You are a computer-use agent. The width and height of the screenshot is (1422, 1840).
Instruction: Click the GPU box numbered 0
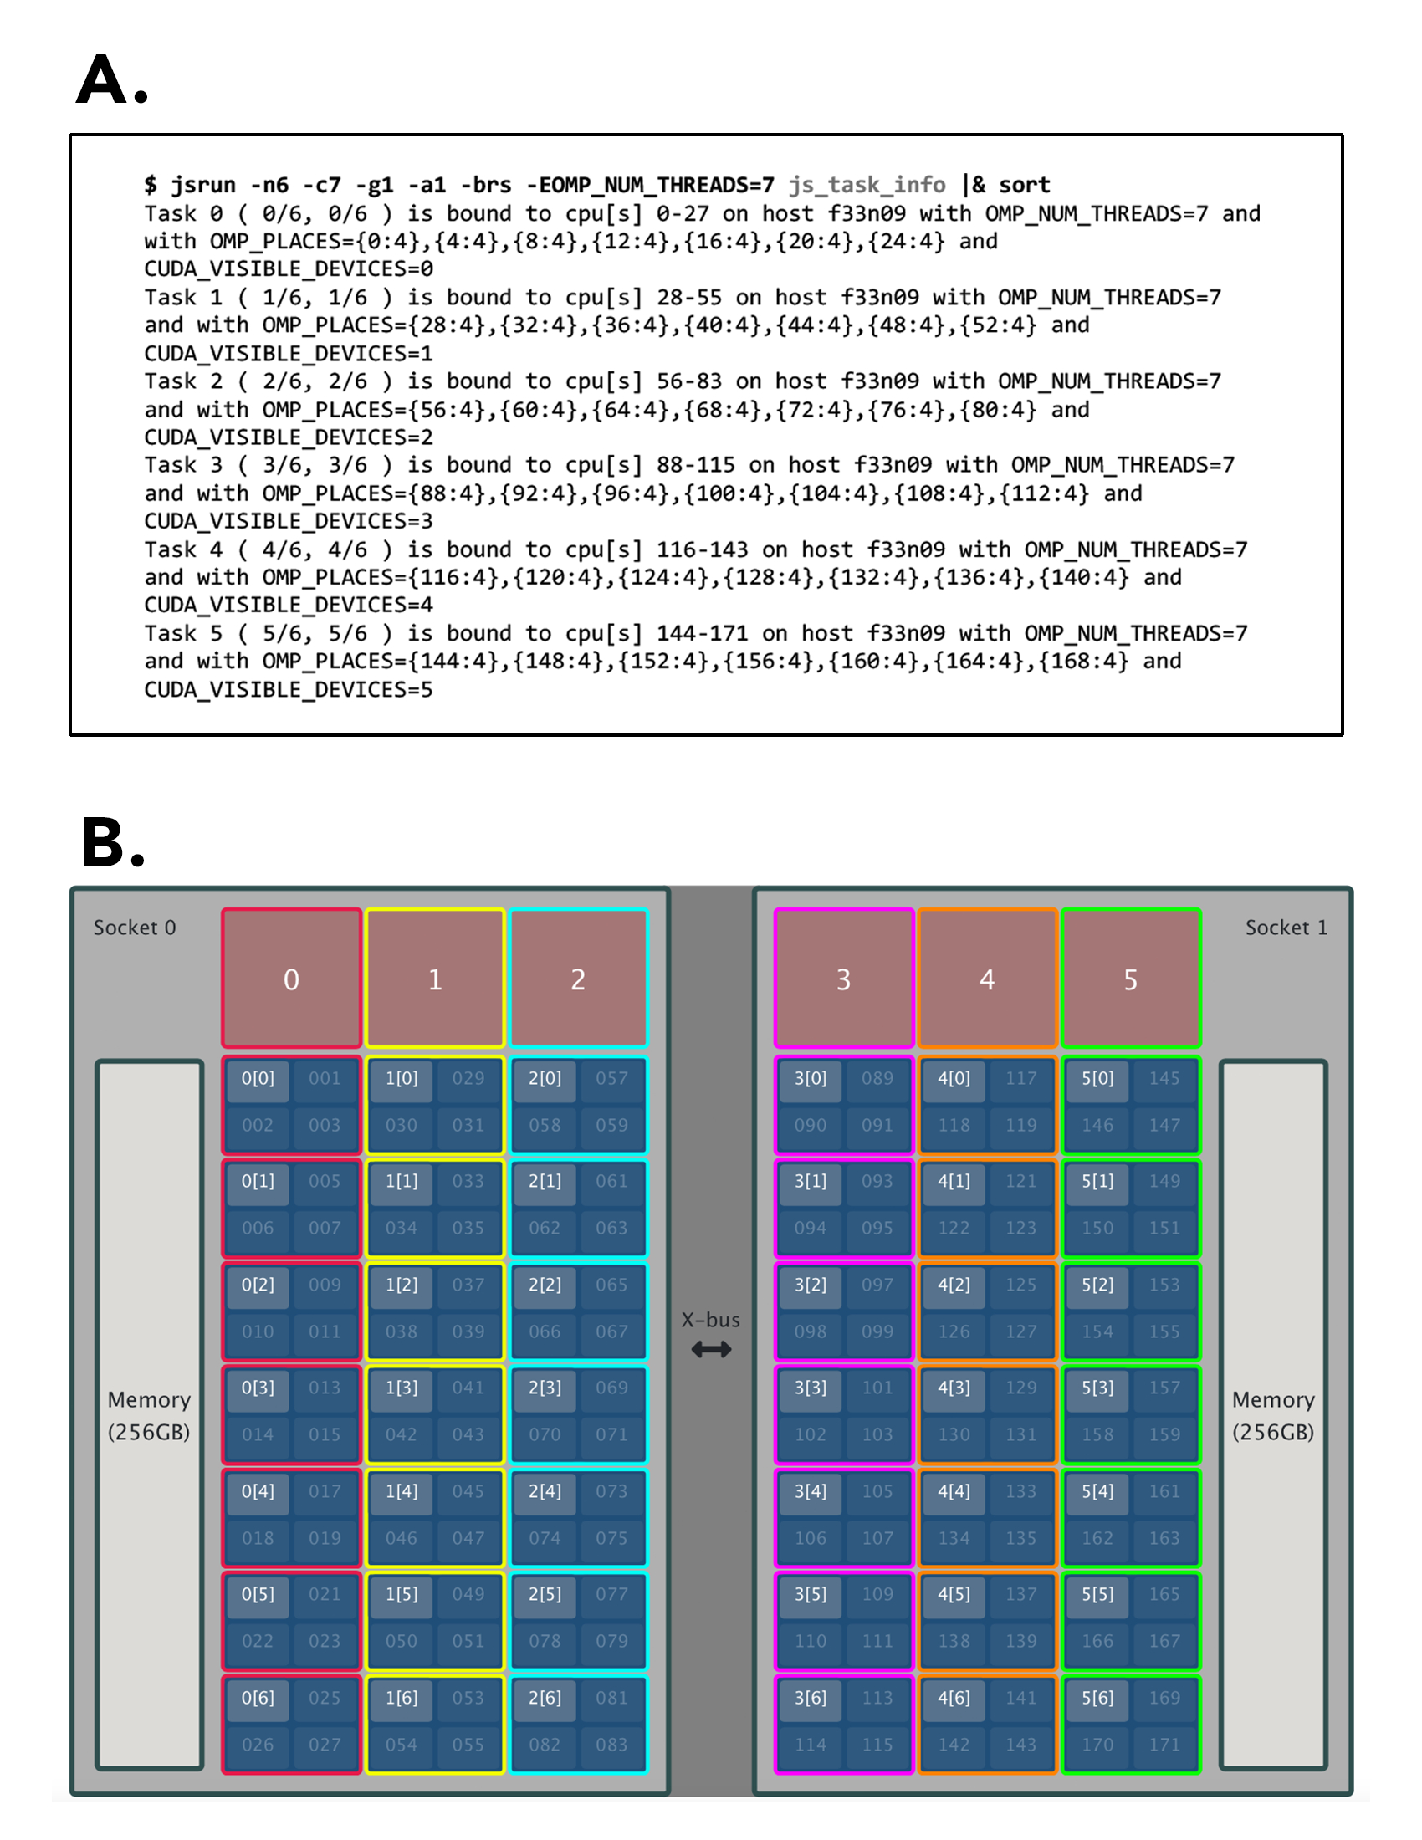coord(291,979)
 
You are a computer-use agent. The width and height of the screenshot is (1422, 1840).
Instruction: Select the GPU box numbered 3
coord(843,979)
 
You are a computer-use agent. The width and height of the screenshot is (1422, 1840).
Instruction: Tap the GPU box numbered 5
coord(1131,979)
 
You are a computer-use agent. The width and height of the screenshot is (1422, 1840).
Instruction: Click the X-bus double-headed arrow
coord(711,1350)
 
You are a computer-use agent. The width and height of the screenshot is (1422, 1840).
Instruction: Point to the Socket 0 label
coord(135,928)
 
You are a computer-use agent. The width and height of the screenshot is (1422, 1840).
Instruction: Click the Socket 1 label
coord(1286,928)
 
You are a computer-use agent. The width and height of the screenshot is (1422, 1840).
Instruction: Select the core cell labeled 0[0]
coord(258,1078)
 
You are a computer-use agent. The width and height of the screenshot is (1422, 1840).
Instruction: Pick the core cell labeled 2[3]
coord(545,1388)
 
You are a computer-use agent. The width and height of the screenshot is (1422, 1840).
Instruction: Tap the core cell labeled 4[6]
coord(954,1698)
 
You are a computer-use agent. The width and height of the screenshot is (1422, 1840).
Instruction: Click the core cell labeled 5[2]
coord(1097,1285)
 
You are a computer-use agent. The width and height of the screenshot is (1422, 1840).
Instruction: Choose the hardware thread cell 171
coord(1164,1745)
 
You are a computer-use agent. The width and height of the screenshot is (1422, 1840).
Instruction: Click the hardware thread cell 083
coord(611,1745)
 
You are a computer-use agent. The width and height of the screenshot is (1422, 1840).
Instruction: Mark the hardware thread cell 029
coord(468,1078)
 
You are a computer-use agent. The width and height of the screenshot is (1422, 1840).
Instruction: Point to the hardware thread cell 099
coord(877,1332)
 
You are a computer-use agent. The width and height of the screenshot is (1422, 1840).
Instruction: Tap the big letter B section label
coord(112,841)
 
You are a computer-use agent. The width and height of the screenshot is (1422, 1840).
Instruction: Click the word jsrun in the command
coord(204,185)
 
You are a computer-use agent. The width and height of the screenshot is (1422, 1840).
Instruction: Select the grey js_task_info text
coord(867,185)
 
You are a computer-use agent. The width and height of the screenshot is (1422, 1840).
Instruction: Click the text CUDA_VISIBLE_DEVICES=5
coord(288,690)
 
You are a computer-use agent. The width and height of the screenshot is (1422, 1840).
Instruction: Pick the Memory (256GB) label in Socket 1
coord(1273,1415)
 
